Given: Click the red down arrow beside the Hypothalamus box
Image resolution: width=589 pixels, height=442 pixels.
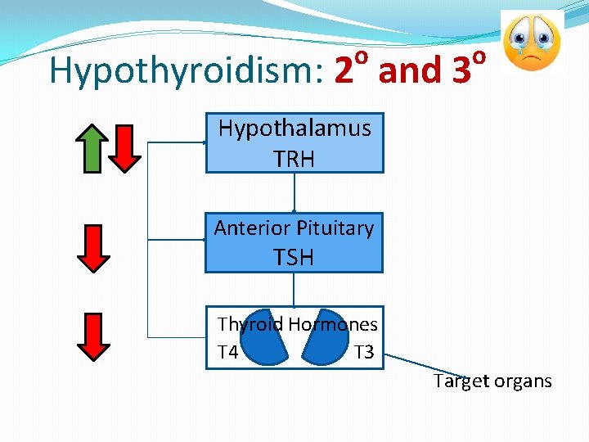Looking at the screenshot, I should pos(125,148).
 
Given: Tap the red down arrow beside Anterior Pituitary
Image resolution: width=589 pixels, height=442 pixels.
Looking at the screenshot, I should pos(93,248).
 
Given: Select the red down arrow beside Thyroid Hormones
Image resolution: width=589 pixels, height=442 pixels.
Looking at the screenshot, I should pos(93,336).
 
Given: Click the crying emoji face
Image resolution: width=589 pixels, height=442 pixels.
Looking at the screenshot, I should pos(532,43).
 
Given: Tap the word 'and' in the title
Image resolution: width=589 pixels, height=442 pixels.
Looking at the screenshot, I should pos(410,71).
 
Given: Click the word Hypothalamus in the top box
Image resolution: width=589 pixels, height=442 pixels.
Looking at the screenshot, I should pos(294,128).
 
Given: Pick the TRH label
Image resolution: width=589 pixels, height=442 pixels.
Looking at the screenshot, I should pos(294,159).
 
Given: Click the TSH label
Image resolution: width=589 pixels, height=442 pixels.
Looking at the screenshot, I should pos(294,257).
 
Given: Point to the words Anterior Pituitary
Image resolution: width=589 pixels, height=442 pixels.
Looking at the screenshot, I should pos(294,228).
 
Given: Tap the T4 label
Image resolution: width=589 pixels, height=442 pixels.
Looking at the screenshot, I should pos(228,353).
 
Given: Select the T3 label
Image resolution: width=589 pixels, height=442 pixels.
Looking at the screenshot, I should pos(364,353).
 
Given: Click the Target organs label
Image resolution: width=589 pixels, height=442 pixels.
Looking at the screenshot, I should pos(492,381).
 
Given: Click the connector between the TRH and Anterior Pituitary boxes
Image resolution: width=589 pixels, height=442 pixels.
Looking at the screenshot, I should pos(294,193).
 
